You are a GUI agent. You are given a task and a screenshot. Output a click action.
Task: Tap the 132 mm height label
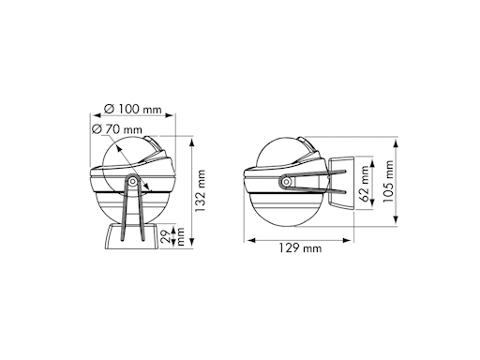[x=199, y=193]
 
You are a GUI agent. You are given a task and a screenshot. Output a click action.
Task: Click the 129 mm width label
[x=298, y=248]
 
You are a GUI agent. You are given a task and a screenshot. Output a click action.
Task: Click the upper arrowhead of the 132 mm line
[x=190, y=142]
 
